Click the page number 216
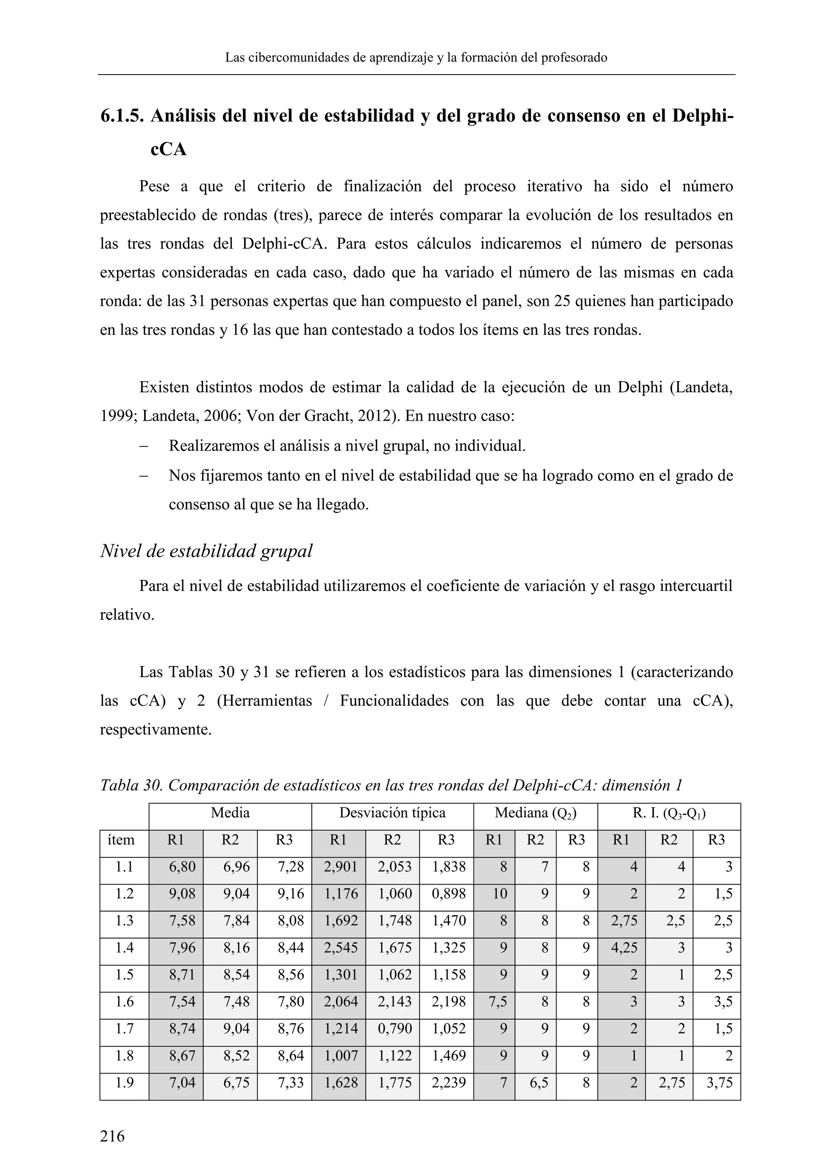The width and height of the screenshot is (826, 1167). pos(113,1135)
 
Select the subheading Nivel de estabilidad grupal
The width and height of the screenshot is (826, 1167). pos(206,551)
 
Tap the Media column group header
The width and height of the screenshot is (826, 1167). pos(230,813)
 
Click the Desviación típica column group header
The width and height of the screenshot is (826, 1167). pos(392,813)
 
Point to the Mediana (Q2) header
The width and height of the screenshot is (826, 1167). pos(535,813)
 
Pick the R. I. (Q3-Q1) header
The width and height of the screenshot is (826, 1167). pos(668,813)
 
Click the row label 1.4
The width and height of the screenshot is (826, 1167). pos(124,948)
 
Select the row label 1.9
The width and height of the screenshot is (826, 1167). pos(124,1083)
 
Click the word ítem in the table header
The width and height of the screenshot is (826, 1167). pos(121,840)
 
